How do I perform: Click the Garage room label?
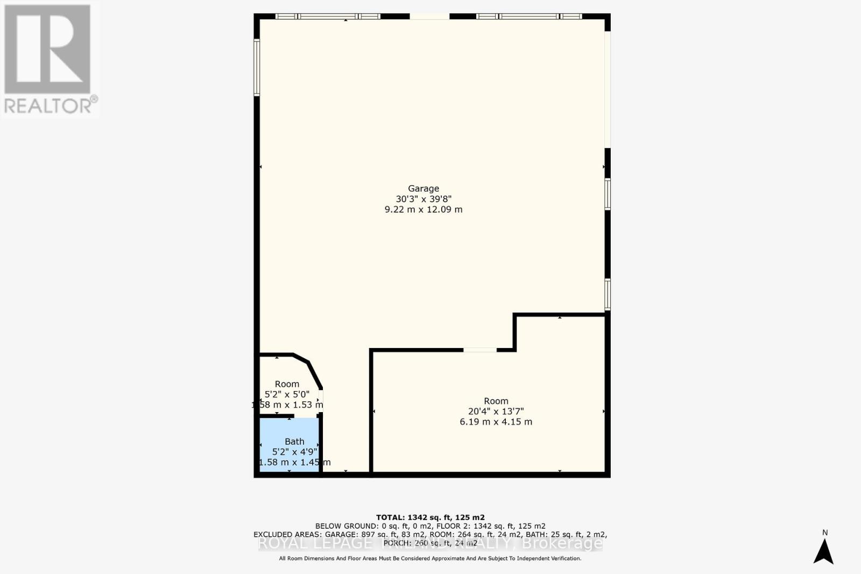[424, 188]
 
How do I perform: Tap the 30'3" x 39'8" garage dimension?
[424, 199]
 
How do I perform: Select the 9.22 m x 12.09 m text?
[424, 209]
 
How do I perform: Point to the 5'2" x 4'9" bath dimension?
[294, 452]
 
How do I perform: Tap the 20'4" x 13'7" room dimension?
[496, 412]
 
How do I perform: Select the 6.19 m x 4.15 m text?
[496, 422]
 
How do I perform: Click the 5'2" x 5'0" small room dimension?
[287, 394]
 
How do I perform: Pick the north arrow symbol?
[823, 551]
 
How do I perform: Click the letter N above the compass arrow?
[825, 533]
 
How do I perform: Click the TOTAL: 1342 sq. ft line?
[430, 518]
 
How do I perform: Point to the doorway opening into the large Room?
[479, 350]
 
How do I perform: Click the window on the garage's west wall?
[257, 68]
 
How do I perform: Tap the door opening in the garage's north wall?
[429, 17]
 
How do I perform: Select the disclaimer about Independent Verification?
[430, 558]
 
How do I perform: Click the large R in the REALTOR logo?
[47, 48]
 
